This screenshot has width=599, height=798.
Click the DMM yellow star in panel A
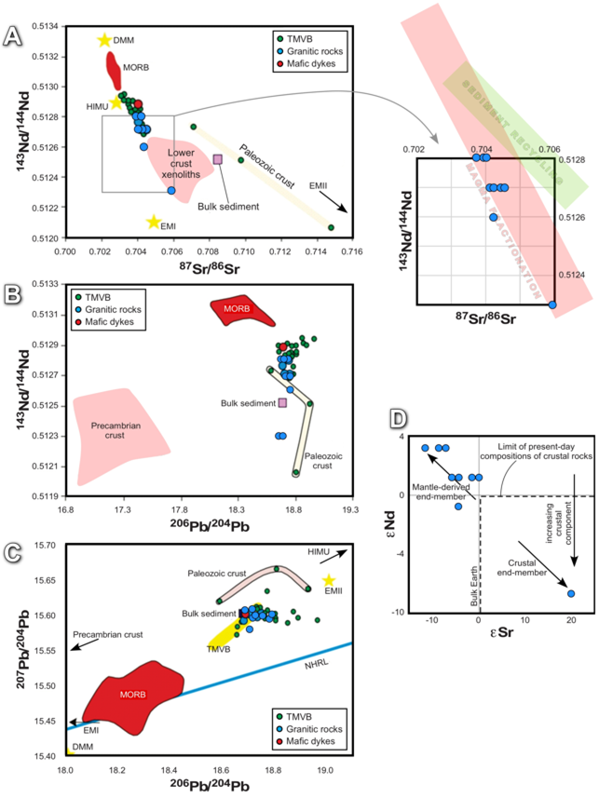click(104, 40)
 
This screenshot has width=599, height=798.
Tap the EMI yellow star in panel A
click(154, 222)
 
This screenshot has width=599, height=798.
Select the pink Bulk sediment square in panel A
click(218, 159)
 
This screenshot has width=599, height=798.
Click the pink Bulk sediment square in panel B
click(282, 403)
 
